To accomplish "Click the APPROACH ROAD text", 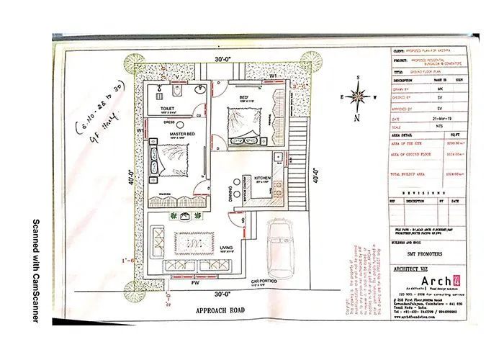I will click(x=210, y=311).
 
